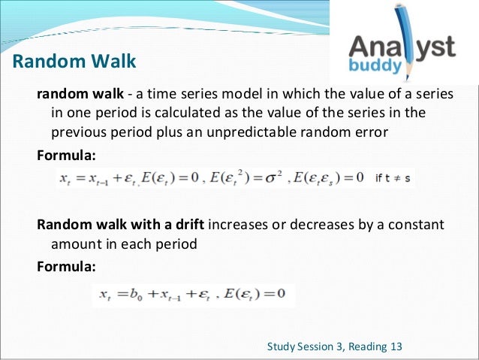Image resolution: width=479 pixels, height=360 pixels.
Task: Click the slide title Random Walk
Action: click(74, 61)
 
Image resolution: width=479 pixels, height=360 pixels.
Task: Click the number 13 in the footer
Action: click(395, 346)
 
